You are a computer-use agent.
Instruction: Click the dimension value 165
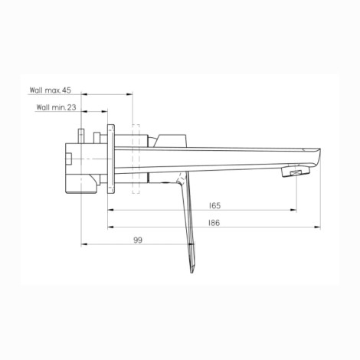point(214,205)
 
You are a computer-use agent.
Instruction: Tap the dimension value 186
point(214,223)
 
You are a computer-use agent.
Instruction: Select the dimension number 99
point(138,240)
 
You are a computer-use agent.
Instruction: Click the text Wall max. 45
point(51,90)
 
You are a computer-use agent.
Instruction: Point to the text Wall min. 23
point(56,107)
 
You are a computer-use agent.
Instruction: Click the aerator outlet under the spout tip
point(296,172)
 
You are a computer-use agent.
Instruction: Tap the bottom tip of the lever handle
point(192,273)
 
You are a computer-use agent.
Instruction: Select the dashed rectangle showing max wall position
point(136,159)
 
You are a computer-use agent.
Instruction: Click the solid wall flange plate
point(111,159)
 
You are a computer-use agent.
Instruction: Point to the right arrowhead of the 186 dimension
point(317,227)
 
